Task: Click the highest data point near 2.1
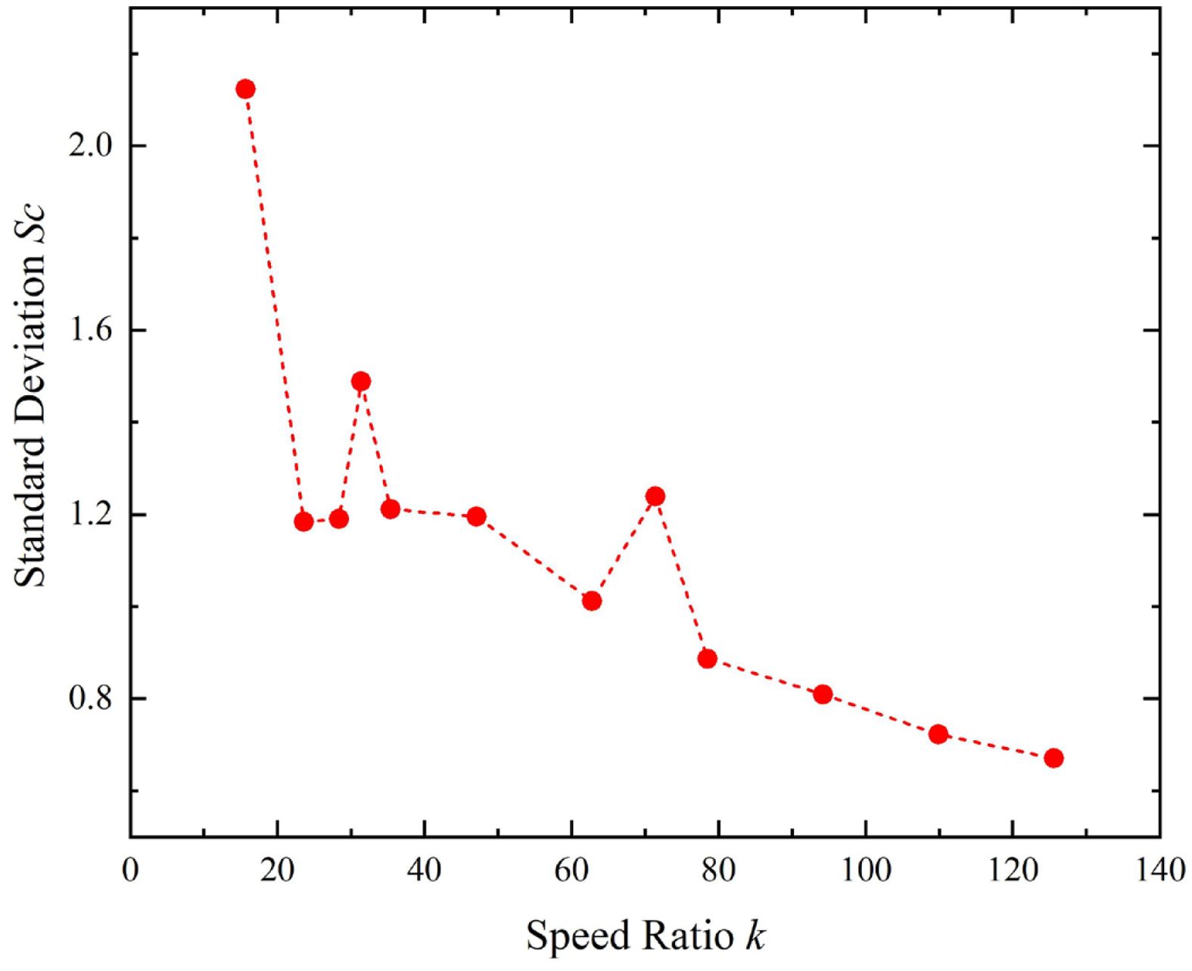[245, 89]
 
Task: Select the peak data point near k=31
[361, 381]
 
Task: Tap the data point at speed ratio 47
[476, 516]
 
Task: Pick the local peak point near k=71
[655, 496]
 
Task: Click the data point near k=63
[592, 601]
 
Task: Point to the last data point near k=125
[1054, 758]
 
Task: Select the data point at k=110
[938, 734]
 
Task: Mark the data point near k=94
[823, 695]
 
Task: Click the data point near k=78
[708, 658]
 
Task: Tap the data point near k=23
[303, 521]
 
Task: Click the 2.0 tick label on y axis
[89, 145]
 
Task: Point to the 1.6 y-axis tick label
[89, 330]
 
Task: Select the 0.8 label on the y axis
[89, 699]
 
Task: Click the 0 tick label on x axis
[131, 871]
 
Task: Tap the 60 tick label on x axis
[571, 871]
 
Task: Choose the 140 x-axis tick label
[1159, 871]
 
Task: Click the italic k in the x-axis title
[754, 935]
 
